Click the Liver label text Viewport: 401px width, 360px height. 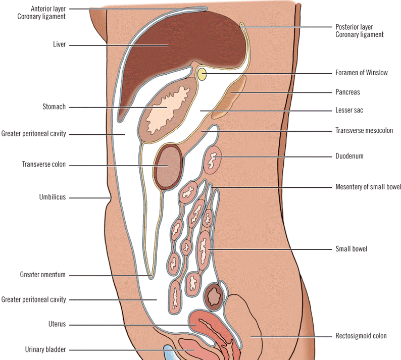coord(60,45)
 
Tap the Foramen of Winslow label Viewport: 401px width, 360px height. coord(361,73)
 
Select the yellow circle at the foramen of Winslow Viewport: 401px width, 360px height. coord(202,75)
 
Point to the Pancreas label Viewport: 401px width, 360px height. coord(347,92)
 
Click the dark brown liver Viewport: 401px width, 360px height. coord(172,50)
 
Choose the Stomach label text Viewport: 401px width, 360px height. coord(55,107)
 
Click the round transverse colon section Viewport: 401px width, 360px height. coord(168,166)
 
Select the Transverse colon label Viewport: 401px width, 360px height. coord(44,165)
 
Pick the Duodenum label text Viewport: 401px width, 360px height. coord(349,157)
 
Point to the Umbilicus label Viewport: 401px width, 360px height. coord(53,197)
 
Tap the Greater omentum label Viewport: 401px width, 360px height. coord(43,275)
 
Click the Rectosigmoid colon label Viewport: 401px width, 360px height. coord(361,336)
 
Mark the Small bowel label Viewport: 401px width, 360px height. coord(351,249)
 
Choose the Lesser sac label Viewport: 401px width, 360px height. coord(349,110)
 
